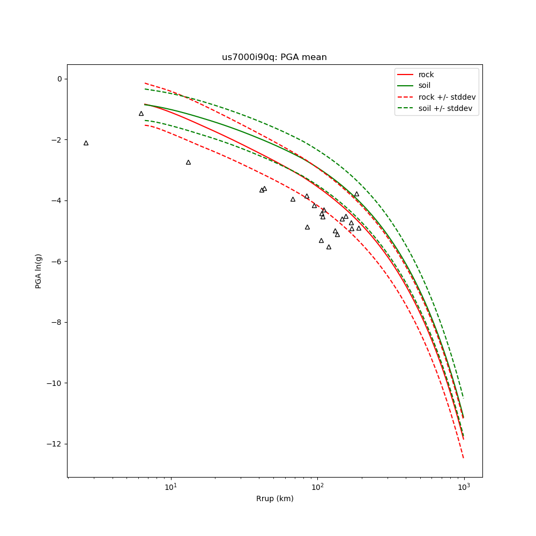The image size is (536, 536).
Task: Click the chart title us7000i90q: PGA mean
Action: (x=274, y=57)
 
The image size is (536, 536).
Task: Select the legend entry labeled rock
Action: (x=426, y=75)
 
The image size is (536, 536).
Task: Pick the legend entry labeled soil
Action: (x=425, y=86)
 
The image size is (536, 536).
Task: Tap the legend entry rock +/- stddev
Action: (x=447, y=97)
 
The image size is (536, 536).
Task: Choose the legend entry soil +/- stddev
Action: (x=446, y=108)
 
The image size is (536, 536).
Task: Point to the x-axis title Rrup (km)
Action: (x=274, y=499)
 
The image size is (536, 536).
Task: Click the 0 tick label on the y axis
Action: (x=59, y=79)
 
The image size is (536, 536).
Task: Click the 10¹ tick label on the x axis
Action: (x=170, y=487)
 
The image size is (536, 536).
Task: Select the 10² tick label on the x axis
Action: (x=317, y=487)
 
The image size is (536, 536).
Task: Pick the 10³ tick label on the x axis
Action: (x=464, y=487)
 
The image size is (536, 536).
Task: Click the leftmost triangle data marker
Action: (x=86, y=143)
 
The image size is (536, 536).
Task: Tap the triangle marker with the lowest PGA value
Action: (x=329, y=247)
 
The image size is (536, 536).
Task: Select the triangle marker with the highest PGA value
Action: (x=141, y=114)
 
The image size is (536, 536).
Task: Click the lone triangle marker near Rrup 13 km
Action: (x=188, y=162)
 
